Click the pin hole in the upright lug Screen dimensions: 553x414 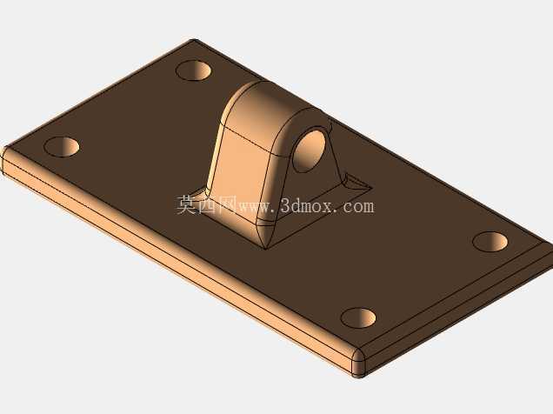click(x=310, y=151)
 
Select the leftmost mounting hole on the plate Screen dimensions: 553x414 click(x=62, y=147)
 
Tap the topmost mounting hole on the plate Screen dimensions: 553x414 click(x=193, y=70)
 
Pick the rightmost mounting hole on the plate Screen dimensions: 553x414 click(x=490, y=242)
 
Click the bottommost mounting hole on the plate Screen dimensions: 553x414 click(x=358, y=317)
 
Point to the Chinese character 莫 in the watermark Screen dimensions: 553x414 click(x=187, y=205)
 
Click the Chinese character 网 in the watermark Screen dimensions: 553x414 click(x=227, y=205)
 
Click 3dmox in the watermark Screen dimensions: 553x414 click(x=306, y=206)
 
